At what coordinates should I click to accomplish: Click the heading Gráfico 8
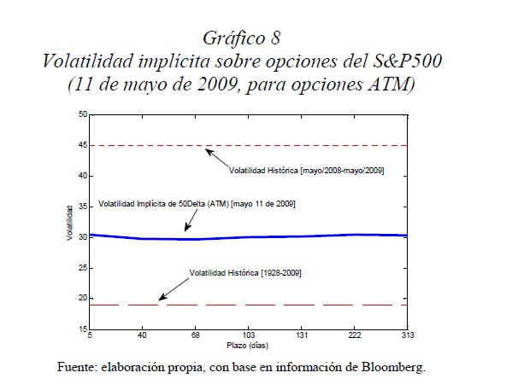pos(242,38)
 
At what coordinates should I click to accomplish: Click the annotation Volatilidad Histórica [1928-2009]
pos(245,272)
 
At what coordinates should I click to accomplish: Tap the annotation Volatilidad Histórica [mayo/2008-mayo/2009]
pos(306,172)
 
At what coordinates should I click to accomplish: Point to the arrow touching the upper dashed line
pos(215,157)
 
